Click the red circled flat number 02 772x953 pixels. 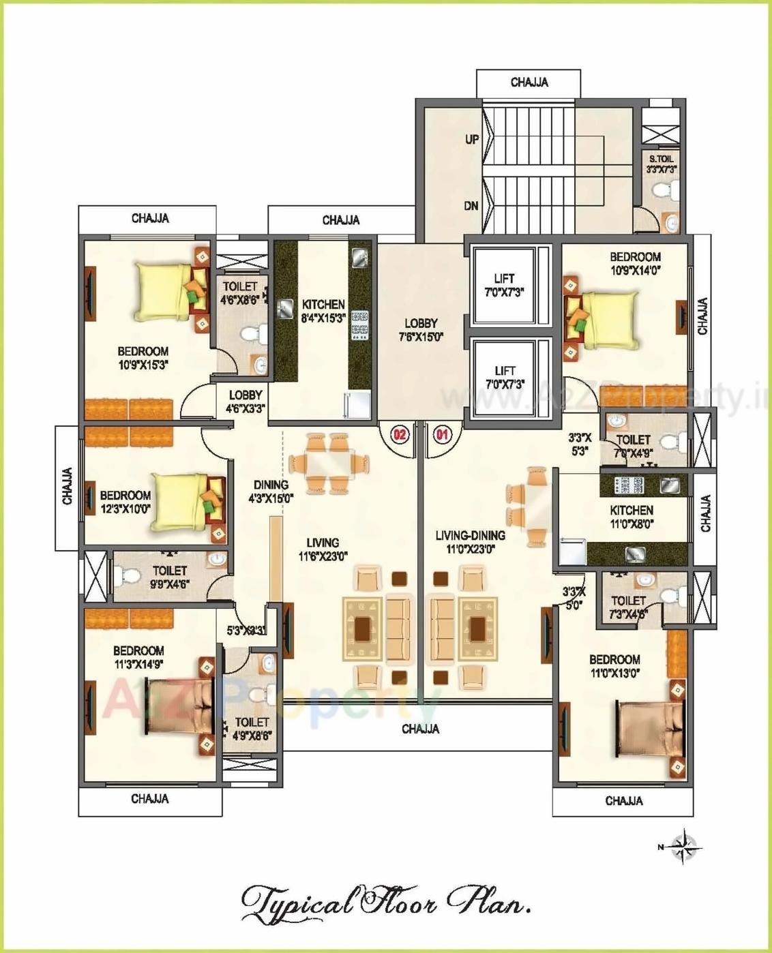click(x=399, y=434)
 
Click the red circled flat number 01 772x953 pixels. click(x=443, y=434)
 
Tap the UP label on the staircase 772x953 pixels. click(x=472, y=140)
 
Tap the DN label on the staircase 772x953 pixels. click(x=471, y=205)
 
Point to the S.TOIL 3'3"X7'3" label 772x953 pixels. click(x=662, y=164)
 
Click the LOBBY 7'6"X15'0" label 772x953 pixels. click(x=421, y=330)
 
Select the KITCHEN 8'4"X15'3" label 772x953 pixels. click(x=323, y=311)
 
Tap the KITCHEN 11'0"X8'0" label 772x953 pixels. click(x=632, y=517)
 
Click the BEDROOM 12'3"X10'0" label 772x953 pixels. click(x=125, y=502)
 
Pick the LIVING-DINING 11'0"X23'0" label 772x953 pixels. click(x=470, y=542)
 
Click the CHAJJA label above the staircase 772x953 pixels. click(x=529, y=82)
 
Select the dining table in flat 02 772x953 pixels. click(x=330, y=464)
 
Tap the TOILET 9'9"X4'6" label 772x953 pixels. click(x=170, y=577)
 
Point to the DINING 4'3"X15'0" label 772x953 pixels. click(x=271, y=491)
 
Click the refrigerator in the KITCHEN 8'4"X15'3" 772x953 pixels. click(x=357, y=405)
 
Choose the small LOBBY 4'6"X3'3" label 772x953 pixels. click(x=246, y=402)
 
